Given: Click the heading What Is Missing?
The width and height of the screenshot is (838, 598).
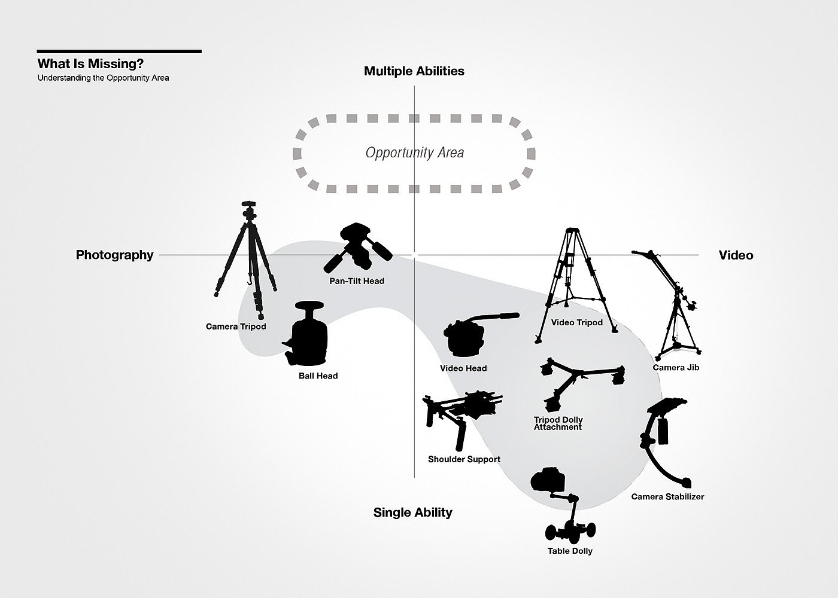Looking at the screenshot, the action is (x=90, y=64).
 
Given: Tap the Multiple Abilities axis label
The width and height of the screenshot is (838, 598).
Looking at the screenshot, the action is (x=414, y=71).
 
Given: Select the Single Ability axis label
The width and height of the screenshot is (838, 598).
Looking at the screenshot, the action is (x=412, y=512).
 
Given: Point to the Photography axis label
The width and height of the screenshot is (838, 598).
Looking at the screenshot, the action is (x=114, y=255).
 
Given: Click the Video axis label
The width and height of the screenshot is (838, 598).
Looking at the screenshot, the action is (x=736, y=255).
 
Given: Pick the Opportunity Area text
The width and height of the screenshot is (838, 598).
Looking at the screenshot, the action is (x=414, y=152).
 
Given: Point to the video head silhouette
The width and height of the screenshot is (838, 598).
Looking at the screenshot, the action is (x=467, y=336).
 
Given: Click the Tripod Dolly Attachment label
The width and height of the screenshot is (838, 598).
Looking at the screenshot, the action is (x=558, y=423).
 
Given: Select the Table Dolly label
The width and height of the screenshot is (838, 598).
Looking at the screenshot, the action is (x=570, y=551).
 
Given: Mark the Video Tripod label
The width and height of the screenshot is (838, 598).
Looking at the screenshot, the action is (x=577, y=322).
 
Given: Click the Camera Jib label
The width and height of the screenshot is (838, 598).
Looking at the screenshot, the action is (x=676, y=367).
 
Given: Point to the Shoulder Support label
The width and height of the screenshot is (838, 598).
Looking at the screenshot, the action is (x=464, y=459).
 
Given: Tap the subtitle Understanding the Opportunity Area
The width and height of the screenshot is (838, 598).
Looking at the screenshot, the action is (x=103, y=78).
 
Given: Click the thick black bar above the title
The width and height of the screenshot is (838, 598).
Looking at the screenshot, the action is (x=119, y=51).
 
